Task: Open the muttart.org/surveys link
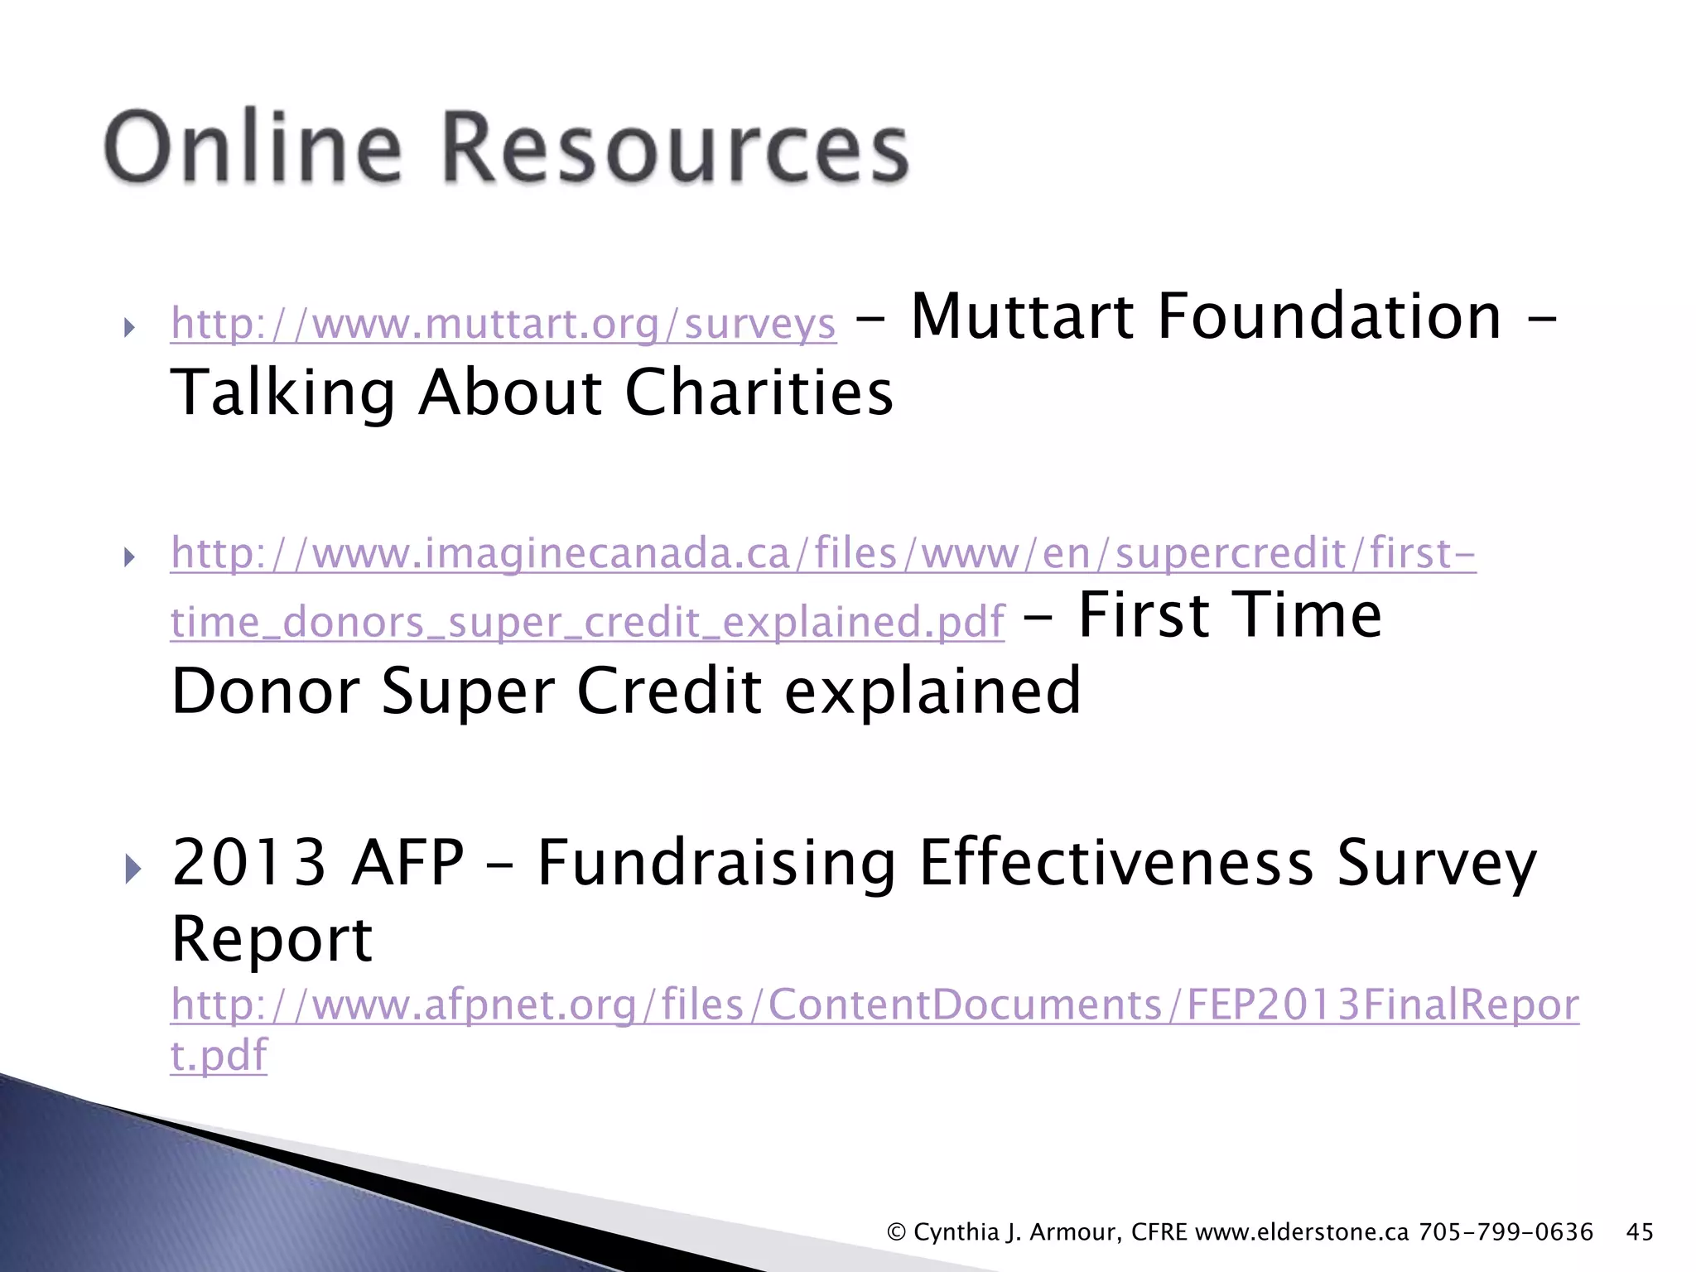click(x=503, y=324)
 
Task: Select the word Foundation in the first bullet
click(x=1329, y=317)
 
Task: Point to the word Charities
click(x=759, y=393)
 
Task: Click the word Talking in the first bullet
click(x=282, y=393)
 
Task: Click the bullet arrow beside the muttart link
click(x=129, y=327)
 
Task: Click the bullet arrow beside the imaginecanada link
click(x=129, y=556)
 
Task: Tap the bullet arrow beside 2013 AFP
click(x=132, y=870)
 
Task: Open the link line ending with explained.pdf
click(x=587, y=622)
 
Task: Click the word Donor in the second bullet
click(x=265, y=691)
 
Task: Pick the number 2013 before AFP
click(x=248, y=863)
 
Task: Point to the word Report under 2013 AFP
click(x=272, y=940)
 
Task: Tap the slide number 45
click(x=1640, y=1232)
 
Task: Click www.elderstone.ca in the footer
click(x=1302, y=1232)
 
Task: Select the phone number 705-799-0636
click(x=1506, y=1232)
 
